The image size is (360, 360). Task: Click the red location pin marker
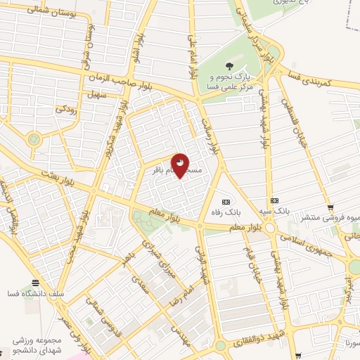point(181,165)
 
